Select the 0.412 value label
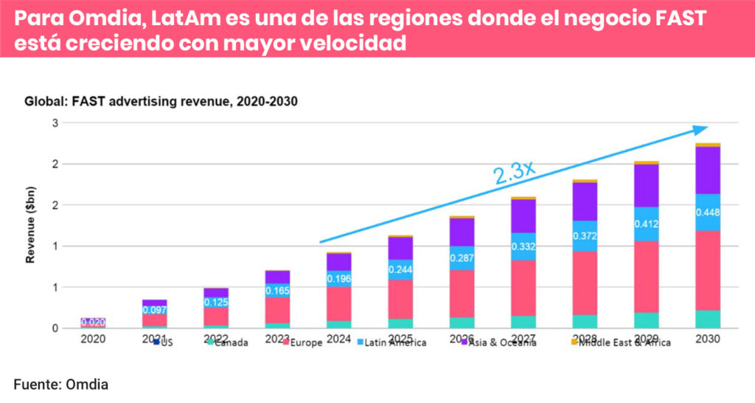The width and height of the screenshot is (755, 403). coord(646,224)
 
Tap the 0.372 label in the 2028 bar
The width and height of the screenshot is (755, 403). coord(585,235)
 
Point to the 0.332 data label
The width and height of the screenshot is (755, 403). coord(523,245)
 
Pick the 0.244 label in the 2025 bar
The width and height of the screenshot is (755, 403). coord(401,269)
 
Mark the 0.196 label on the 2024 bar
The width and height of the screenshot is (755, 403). coord(339,278)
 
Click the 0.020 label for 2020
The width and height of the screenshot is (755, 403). coord(93,322)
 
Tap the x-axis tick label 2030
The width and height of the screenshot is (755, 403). coord(707,339)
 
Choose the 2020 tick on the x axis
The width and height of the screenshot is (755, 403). coord(93,339)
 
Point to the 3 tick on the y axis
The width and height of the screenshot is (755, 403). coord(55,123)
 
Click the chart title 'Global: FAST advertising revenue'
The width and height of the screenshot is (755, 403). coord(161,102)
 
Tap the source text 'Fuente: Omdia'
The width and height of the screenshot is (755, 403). coord(60,384)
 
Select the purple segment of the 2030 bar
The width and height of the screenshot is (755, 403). coord(707,170)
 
